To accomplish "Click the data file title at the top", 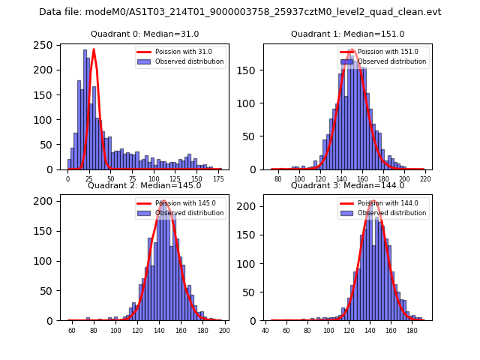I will pos(240,12).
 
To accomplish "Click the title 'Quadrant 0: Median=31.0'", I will pos(145,34).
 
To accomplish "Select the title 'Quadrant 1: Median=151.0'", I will pos(347,34).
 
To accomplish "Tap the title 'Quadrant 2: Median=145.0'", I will pos(145,185).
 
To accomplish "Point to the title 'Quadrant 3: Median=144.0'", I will pos(347,185).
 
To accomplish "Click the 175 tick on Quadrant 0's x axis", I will pos(218,179).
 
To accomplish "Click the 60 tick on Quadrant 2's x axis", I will pos(72,331).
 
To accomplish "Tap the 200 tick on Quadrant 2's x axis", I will pos(223,331).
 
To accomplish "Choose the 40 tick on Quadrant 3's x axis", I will pos(266,331).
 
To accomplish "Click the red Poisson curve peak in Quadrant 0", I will pos(94,49).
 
